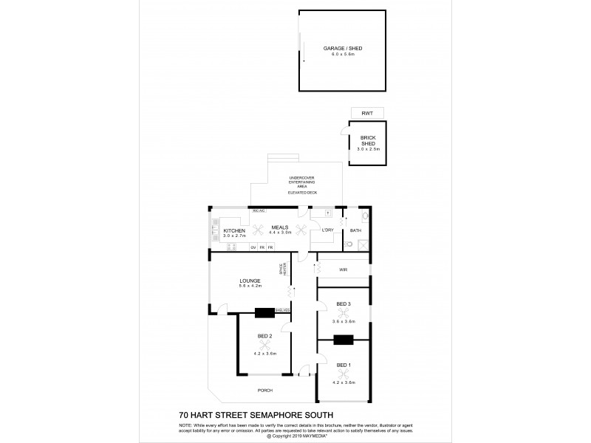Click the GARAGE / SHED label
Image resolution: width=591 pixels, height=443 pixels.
point(343,48)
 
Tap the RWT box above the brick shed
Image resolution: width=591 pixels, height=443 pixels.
point(367,112)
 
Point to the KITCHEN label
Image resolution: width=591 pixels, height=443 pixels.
point(235,230)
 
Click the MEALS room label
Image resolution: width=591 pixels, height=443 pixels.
point(279,227)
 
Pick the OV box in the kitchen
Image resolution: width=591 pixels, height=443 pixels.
point(253,247)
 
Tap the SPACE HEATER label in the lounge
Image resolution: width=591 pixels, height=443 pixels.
point(281,270)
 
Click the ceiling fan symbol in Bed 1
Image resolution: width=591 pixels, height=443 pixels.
point(344,374)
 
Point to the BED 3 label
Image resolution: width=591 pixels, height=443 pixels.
point(344,304)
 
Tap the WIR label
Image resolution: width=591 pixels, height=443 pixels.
point(343,270)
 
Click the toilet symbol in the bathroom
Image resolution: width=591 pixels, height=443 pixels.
point(366,218)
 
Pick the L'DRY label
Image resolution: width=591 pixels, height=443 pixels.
point(328,230)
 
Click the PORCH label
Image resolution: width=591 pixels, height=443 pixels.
point(264,391)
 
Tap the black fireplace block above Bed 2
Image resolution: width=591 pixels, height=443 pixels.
point(264,312)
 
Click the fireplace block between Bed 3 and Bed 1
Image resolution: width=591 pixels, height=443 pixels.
point(344,340)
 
